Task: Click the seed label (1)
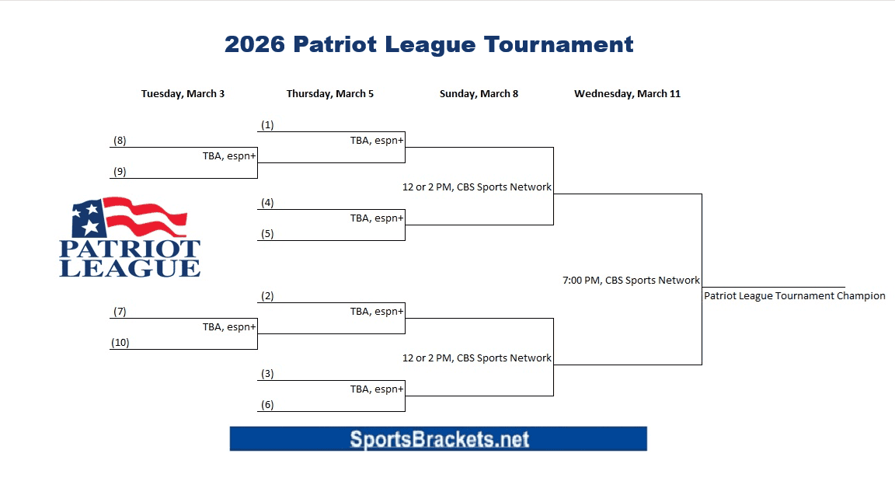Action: [x=267, y=125]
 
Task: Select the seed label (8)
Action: [x=120, y=141]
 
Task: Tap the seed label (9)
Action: [x=120, y=172]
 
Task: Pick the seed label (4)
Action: [x=267, y=203]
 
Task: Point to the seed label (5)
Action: [x=267, y=234]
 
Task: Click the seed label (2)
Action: [x=267, y=296]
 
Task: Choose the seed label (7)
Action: [x=120, y=312]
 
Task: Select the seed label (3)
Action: [x=267, y=374]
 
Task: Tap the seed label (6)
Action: [x=267, y=405]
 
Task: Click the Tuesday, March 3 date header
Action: [x=183, y=94]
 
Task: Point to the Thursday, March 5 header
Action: [x=329, y=94]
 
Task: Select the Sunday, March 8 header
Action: [x=479, y=94]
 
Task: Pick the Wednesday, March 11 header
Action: [x=627, y=94]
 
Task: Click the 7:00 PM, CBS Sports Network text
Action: [x=631, y=281]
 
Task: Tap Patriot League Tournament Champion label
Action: [x=794, y=296]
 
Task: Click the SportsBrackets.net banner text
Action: [x=439, y=439]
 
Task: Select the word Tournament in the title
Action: [x=558, y=44]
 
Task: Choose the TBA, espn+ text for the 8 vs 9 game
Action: [x=229, y=156]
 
